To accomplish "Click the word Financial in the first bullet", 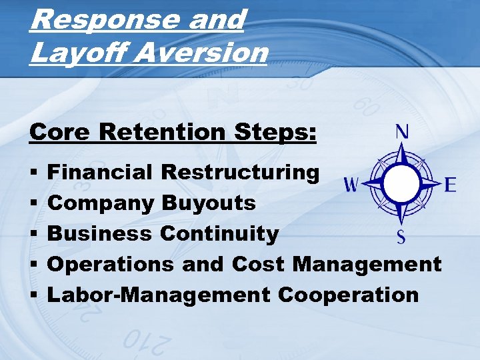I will point(101,172).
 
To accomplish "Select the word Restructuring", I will point(241,172).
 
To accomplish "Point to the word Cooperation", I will point(349,294).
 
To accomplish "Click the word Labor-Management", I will point(158,294).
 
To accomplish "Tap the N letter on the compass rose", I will point(403,131).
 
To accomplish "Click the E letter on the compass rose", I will point(450,184).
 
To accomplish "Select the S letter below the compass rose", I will point(401,236).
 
